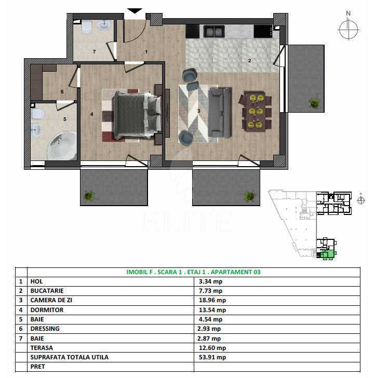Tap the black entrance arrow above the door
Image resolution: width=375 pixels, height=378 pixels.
pyautogui.click(x=135, y=11)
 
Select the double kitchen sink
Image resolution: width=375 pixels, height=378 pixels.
pyautogui.click(x=214, y=31)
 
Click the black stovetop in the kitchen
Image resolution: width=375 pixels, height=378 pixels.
pyautogui.click(x=263, y=31)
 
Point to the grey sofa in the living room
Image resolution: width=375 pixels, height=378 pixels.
pyautogui.click(x=220, y=112)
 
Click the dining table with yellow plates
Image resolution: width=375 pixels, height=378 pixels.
pyautogui.click(x=256, y=111)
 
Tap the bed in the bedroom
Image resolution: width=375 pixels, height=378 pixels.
pyautogui.click(x=137, y=115)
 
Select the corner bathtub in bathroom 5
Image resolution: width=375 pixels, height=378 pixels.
pyautogui.click(x=62, y=146)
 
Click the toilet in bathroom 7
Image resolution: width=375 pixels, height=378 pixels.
pyautogui.click(x=87, y=27)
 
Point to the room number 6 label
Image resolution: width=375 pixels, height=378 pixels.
pyautogui.click(x=62, y=91)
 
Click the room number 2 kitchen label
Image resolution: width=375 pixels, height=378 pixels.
pyautogui.click(x=250, y=61)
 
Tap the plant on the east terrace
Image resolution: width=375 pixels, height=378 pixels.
pyautogui.click(x=314, y=103)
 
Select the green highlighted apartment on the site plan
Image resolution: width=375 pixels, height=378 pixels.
pyautogui.click(x=328, y=254)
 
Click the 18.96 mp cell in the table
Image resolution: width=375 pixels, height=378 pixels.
pyautogui.click(x=212, y=300)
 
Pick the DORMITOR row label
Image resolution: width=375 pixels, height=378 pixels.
pyautogui.click(x=47, y=310)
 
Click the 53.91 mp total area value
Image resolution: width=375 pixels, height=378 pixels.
pyautogui.click(x=212, y=357)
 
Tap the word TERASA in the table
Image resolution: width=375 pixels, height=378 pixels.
pyautogui.click(x=42, y=348)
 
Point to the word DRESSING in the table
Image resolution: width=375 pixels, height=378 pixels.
pyautogui.click(x=45, y=329)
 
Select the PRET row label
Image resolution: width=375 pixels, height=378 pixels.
pyautogui.click(x=37, y=367)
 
